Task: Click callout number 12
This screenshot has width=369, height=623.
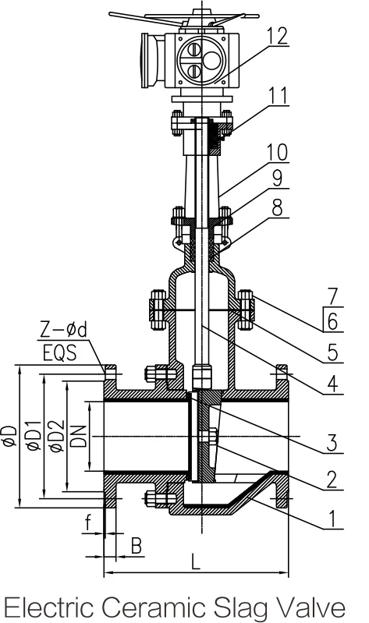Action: click(x=277, y=36)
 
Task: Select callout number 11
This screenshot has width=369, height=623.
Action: click(x=278, y=95)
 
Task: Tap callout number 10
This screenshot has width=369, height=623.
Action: click(x=277, y=153)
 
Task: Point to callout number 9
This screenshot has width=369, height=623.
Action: click(x=277, y=179)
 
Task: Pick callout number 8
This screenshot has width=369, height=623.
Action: click(x=277, y=207)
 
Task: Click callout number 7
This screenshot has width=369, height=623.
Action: click(x=332, y=296)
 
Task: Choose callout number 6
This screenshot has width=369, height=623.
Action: click(x=332, y=321)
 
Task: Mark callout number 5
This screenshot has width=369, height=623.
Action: click(x=332, y=352)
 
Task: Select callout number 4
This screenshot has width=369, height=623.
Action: click(x=332, y=384)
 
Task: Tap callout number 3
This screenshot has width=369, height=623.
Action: click(x=332, y=443)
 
